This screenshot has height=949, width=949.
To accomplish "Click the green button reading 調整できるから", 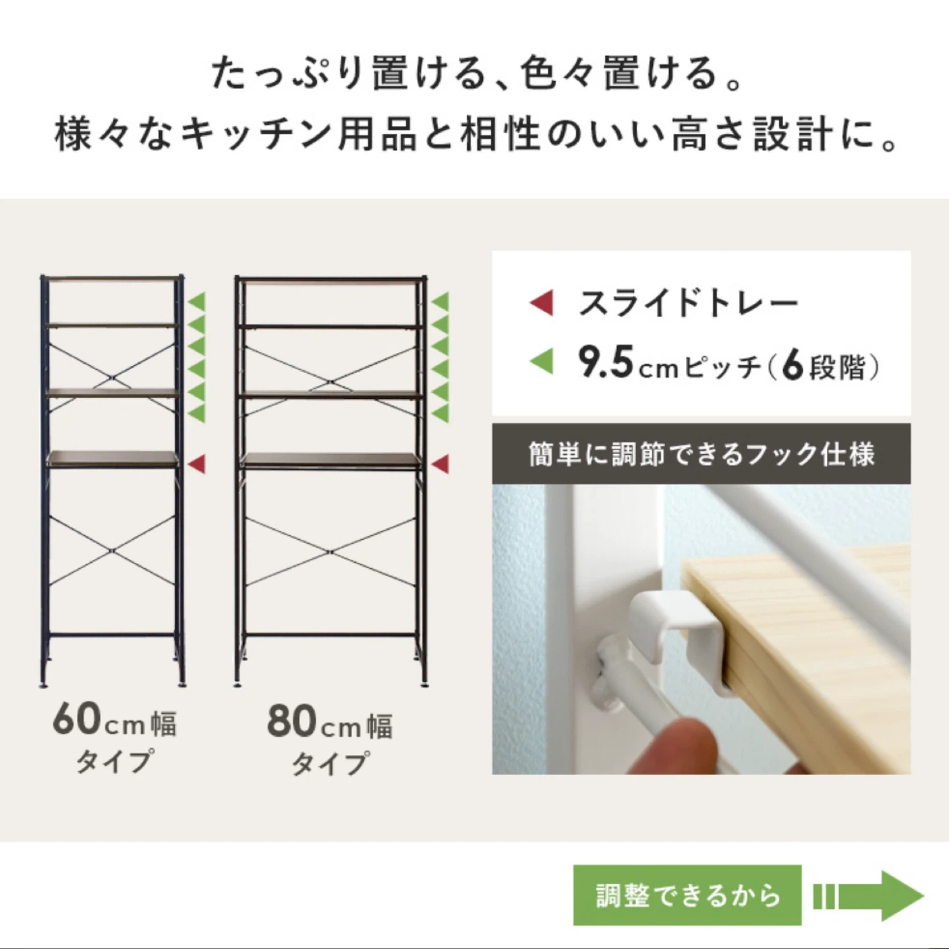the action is pyautogui.click(x=687, y=896).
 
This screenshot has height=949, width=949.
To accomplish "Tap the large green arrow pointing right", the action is pyautogui.click(x=869, y=896).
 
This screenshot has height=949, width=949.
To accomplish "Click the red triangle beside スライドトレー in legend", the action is pyautogui.click(x=541, y=302).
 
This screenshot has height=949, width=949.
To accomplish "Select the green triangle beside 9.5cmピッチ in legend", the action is pyautogui.click(x=541, y=361).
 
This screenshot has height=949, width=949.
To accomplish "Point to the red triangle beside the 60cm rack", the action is pyautogui.click(x=196, y=464).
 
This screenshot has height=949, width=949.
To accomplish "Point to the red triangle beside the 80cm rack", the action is pyautogui.click(x=440, y=464).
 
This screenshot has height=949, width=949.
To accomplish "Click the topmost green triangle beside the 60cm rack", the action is pyautogui.click(x=197, y=301).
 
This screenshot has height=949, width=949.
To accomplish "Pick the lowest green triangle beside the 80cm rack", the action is pyautogui.click(x=440, y=413).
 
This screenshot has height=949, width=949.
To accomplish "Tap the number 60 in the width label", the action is pyautogui.click(x=76, y=720).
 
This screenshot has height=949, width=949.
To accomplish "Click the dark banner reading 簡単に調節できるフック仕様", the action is pyautogui.click(x=701, y=453).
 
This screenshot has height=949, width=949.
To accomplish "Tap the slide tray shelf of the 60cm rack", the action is pyautogui.click(x=113, y=459).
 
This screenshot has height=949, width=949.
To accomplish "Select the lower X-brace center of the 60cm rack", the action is pyautogui.click(x=113, y=550).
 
